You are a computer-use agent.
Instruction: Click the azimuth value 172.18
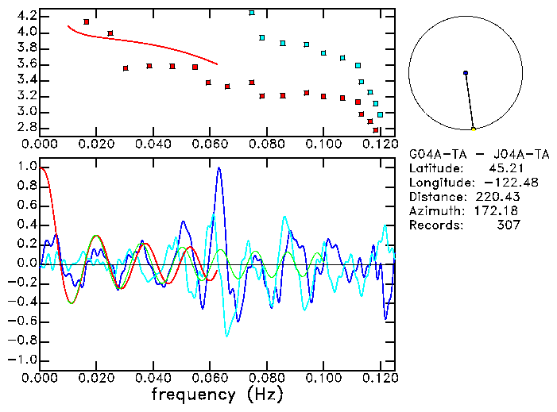500,211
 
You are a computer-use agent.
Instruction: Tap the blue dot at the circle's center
466,73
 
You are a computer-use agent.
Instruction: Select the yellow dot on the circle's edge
474,129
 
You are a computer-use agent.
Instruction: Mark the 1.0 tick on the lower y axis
26,167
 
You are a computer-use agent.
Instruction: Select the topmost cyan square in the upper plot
252,13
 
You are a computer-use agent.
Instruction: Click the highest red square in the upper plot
86,21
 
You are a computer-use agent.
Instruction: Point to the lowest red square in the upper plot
376,129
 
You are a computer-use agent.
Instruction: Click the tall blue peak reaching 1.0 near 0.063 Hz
219,169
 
